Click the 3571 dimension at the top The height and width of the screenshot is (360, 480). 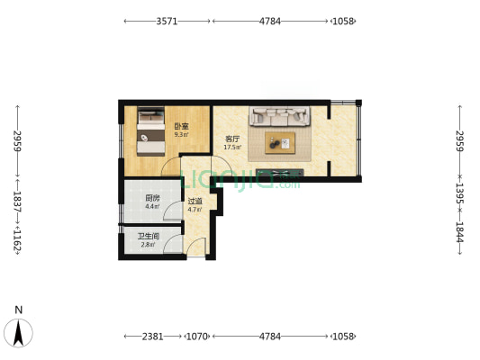(x=167, y=22)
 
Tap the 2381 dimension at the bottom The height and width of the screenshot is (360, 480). (x=153, y=337)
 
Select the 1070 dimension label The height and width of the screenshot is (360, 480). (x=197, y=337)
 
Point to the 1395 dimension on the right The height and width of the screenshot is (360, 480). (x=460, y=193)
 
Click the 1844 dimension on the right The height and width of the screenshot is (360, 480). (x=460, y=232)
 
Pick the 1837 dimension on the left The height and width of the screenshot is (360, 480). (x=17, y=202)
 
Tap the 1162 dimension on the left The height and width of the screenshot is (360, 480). (x=17, y=240)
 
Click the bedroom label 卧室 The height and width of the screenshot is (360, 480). (x=182, y=126)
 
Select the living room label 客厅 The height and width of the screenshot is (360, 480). (x=232, y=139)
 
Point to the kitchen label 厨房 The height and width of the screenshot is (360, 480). (x=152, y=198)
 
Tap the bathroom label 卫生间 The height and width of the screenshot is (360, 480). (x=149, y=236)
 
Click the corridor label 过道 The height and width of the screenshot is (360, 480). (x=195, y=202)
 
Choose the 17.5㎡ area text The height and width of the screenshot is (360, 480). (x=232, y=147)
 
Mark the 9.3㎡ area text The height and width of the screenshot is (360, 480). (x=182, y=134)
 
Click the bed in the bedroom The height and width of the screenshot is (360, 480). (x=151, y=131)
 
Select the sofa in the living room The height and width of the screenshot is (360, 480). (x=279, y=116)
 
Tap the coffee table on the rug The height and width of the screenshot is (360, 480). (x=280, y=143)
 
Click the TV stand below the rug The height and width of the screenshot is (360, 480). (x=279, y=173)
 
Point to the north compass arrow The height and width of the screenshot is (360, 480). (x=18, y=333)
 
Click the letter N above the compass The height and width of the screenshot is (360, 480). (x=19, y=310)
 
